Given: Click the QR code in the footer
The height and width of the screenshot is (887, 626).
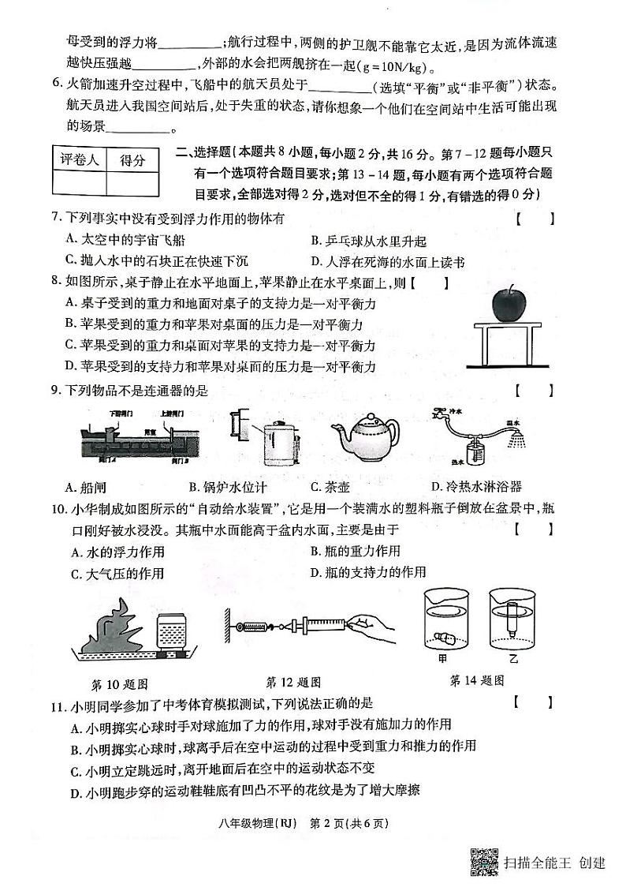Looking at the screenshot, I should [484, 862].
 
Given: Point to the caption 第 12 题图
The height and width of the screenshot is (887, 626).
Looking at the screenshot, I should [293, 682].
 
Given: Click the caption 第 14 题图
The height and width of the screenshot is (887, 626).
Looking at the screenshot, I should [476, 679].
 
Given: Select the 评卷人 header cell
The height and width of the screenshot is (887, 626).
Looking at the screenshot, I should [79, 160].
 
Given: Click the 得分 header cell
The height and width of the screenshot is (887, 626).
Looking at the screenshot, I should [132, 160].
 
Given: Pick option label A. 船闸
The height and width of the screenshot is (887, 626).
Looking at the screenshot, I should [90, 487].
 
